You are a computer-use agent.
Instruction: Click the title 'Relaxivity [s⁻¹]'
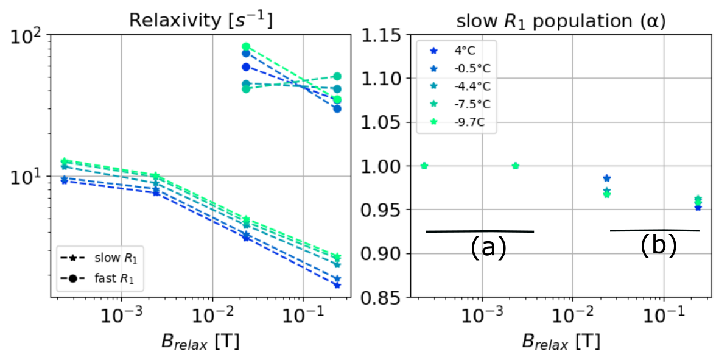(200, 20)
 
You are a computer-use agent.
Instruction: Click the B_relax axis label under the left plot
(200, 341)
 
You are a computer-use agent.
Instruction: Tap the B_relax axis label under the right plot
(561, 341)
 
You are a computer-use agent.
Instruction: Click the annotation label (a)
(488, 248)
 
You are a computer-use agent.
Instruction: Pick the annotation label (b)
(659, 246)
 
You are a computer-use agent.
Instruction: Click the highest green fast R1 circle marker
(246, 46)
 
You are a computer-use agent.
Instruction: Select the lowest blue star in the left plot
(337, 285)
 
